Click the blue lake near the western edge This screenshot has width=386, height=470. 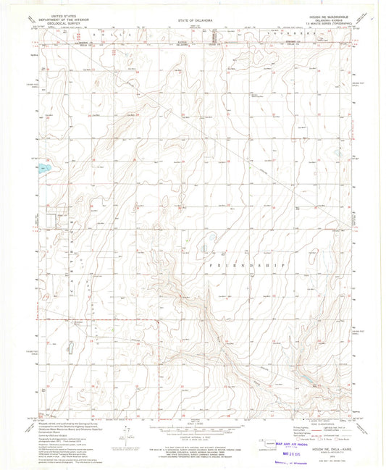click(x=44, y=168)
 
